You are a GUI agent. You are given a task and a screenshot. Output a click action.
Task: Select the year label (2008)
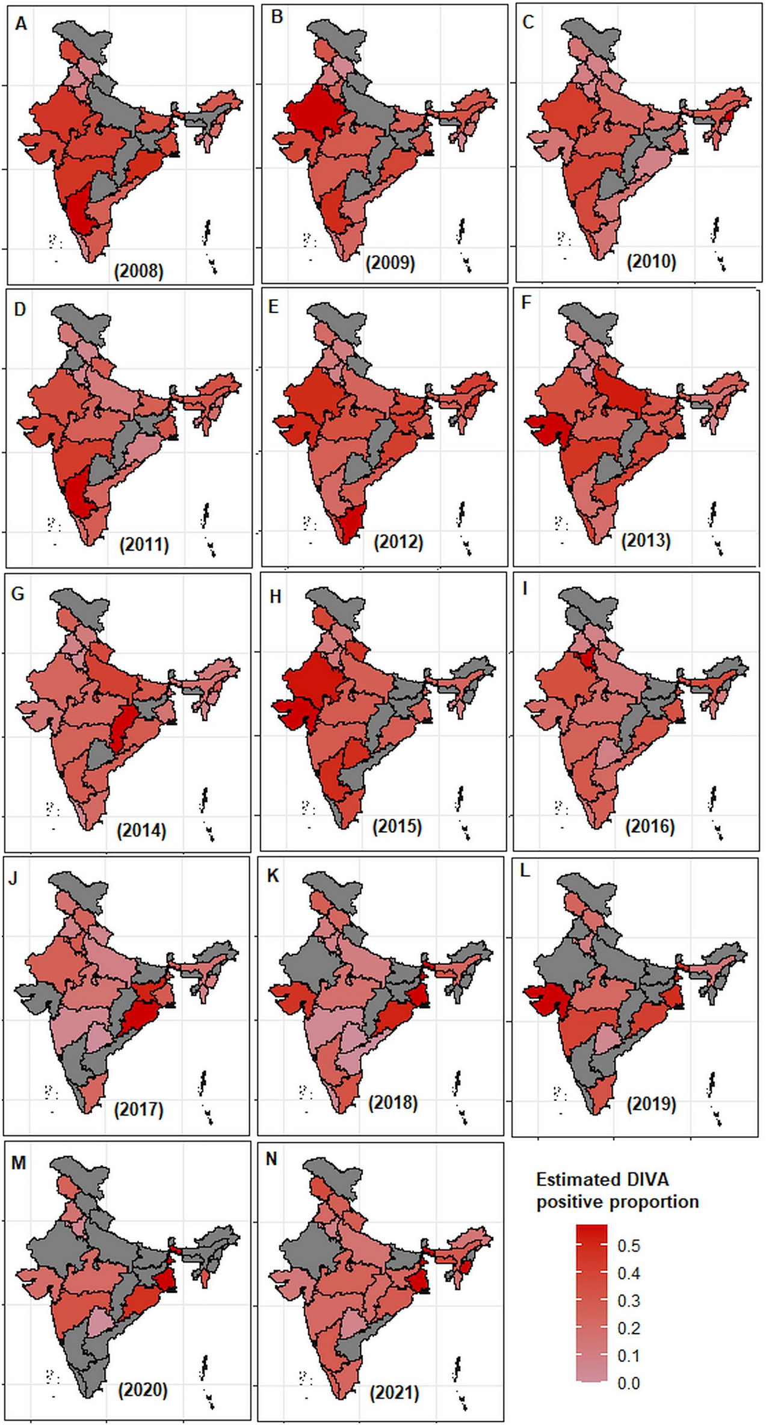(138, 271)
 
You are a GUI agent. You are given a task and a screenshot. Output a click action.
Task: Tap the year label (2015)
(397, 826)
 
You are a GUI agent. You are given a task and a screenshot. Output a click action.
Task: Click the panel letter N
(271, 1159)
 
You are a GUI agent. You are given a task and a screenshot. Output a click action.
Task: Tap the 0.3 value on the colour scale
(629, 1301)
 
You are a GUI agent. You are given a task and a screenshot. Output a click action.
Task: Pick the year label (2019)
(651, 1104)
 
